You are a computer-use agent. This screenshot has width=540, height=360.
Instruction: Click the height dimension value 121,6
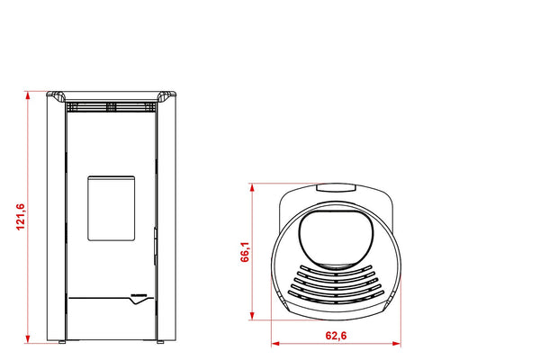pyautogui.click(x=20, y=217)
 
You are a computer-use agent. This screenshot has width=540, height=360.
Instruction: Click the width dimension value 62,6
pyautogui.click(x=335, y=337)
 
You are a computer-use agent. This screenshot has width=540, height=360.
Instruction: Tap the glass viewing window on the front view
pyautogui.click(x=111, y=208)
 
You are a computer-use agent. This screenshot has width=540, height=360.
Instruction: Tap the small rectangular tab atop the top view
pyautogui.click(x=335, y=188)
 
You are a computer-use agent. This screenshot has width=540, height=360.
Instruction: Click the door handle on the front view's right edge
pyautogui.click(x=154, y=238)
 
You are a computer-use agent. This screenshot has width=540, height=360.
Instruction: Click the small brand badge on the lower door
pyautogui.click(x=141, y=295)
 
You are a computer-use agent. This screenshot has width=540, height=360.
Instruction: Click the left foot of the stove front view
pyautogui.click(x=61, y=342)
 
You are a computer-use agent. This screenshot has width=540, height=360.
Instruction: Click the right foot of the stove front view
pyautogui.click(x=160, y=342)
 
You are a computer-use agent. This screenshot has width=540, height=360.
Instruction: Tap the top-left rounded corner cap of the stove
pyautogui.click(x=57, y=96)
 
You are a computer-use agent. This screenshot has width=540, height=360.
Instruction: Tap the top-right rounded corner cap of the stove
pyautogui.click(x=165, y=96)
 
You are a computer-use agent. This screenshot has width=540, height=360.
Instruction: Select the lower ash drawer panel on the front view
pyautogui.click(x=111, y=319)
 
